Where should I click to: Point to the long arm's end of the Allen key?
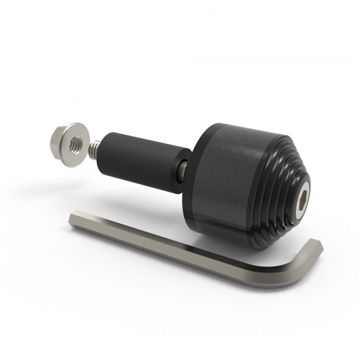[x=75, y=218]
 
